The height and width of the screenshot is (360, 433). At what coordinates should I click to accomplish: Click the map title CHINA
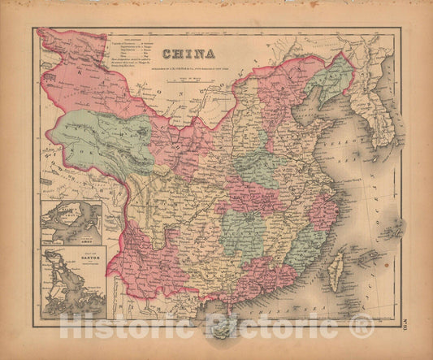(188, 55)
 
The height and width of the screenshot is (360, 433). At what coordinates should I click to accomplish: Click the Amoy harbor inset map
(71, 224)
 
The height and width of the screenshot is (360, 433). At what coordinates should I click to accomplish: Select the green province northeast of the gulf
(331, 81)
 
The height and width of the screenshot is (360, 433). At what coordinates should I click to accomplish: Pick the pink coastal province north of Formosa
(323, 212)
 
